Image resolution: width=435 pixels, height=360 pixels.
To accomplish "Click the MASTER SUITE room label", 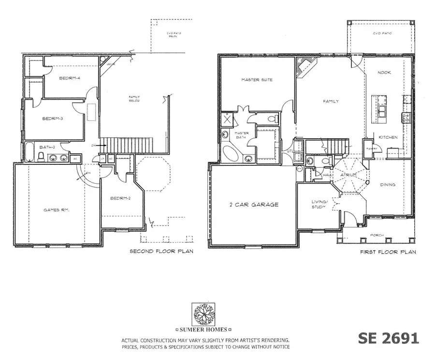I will (x=257, y=80).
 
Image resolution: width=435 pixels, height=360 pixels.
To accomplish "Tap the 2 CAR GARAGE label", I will (x=254, y=204).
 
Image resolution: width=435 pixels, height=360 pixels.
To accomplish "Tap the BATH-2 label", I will (x=47, y=147).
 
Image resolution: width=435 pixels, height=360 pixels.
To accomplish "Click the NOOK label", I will (x=385, y=73).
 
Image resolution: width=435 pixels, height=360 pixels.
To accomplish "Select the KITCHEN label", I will (x=388, y=137).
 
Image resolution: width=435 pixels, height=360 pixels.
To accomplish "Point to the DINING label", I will (x=388, y=185).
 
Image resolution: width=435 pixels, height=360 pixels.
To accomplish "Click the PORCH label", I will (x=377, y=235).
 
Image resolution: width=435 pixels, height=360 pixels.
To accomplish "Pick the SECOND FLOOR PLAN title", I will (x=161, y=252).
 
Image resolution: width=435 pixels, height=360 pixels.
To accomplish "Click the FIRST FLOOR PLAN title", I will (x=388, y=252).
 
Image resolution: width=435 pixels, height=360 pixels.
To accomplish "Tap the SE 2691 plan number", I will (x=388, y=338).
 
